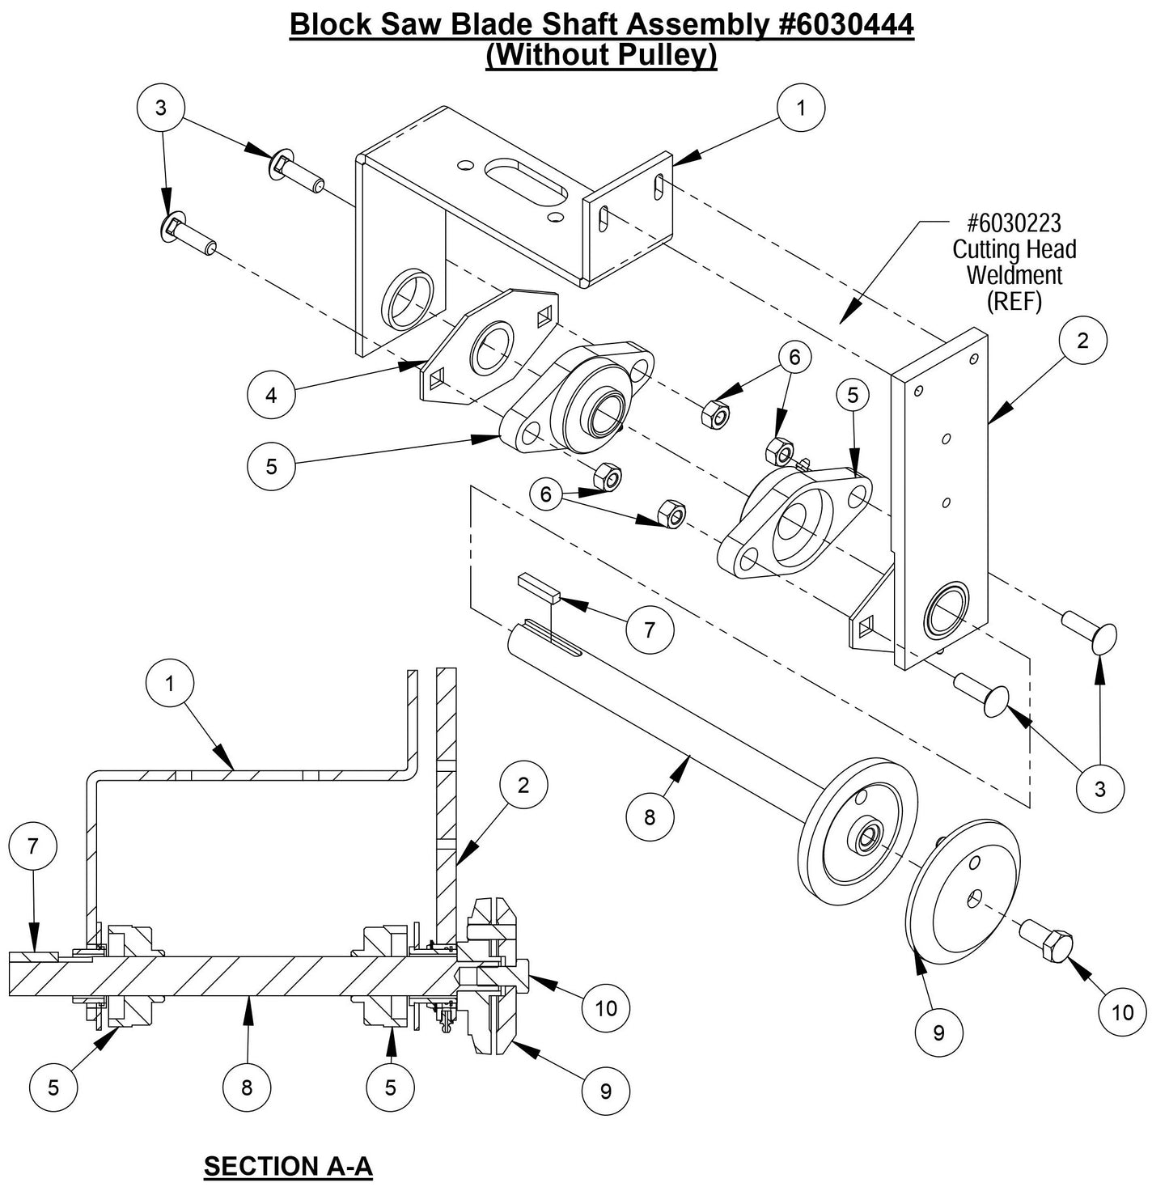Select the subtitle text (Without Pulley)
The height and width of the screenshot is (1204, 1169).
[x=600, y=55]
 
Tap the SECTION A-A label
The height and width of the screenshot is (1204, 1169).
[x=288, y=1166]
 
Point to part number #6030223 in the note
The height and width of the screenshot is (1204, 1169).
[x=1014, y=223]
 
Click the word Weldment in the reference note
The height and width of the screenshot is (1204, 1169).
[x=1014, y=275]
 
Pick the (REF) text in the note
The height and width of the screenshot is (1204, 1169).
[x=1014, y=301]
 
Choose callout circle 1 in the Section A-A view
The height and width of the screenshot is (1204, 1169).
[x=169, y=684]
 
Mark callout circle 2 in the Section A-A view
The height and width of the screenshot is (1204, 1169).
[x=523, y=785]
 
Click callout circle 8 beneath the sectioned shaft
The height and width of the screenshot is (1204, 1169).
[x=247, y=1087]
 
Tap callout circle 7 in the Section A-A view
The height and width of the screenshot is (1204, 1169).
[x=32, y=846]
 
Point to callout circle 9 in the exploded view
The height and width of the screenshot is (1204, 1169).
[x=938, y=1032]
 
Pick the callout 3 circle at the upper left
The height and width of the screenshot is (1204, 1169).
[x=161, y=108]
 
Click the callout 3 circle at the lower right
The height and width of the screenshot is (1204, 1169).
[x=1099, y=787]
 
